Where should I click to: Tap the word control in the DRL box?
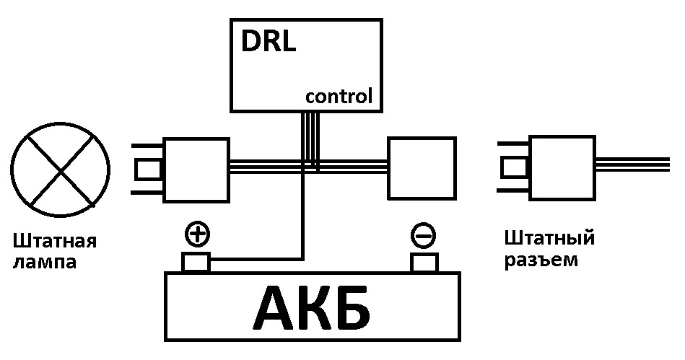point(339,97)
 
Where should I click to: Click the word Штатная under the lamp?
point(54,240)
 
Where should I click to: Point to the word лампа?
point(44,261)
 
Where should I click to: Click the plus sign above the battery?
point(196,234)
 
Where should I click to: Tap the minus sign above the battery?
point(422,235)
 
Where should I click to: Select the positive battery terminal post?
point(196,262)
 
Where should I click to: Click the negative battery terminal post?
point(423,262)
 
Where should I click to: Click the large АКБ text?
point(312,309)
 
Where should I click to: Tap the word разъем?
point(541,259)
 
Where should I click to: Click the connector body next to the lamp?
point(196,169)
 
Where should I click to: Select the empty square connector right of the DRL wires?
point(422,169)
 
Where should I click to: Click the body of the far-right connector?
point(563,169)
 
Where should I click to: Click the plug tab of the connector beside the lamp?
point(149,169)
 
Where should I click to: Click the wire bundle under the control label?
point(310,137)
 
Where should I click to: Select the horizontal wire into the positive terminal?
point(256,257)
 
